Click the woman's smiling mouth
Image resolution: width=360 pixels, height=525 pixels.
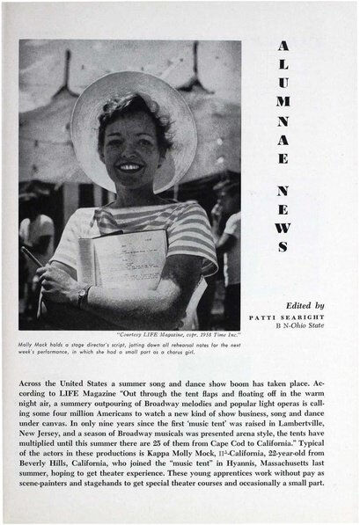tap(130, 165)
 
